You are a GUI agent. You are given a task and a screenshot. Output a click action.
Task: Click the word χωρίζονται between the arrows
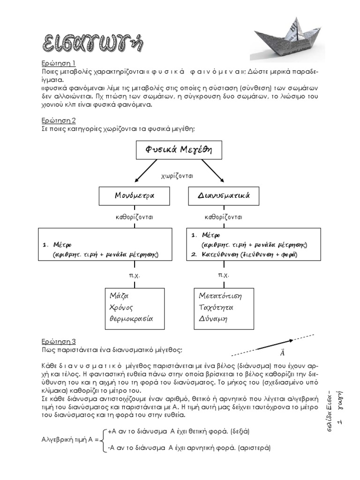click(x=178, y=176)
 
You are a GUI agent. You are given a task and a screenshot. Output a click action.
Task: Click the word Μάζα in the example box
click(x=119, y=296)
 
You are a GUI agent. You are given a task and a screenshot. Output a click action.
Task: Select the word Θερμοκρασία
click(x=131, y=319)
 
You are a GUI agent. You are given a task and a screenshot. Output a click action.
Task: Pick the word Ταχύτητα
click(x=217, y=307)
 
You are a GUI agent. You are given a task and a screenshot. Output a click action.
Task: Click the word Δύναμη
click(x=213, y=319)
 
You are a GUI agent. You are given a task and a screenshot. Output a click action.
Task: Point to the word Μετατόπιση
click(x=220, y=296)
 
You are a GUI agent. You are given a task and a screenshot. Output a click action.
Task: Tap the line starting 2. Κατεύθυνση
click(x=244, y=255)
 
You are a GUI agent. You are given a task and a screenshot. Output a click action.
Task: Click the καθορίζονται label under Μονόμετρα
click(x=135, y=217)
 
